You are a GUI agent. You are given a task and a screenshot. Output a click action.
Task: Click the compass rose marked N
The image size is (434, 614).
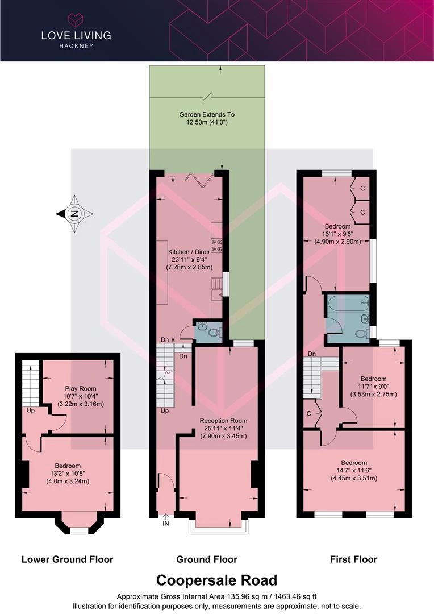pos(74,214)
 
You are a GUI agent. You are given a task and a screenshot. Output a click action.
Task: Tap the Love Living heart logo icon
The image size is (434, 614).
pos(76,19)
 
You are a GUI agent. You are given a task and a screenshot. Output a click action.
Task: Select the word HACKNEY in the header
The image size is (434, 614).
pos(76,46)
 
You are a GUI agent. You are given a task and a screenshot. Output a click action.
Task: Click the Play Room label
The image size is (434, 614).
pos(81,388)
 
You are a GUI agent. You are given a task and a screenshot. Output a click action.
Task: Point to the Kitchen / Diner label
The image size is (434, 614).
pos(189,252)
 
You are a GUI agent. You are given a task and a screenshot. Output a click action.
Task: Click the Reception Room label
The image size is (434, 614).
pos(223,421)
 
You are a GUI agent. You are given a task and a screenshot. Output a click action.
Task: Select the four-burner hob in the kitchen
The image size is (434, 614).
pos(217,245)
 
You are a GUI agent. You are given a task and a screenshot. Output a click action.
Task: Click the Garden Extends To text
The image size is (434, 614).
pos(207,114)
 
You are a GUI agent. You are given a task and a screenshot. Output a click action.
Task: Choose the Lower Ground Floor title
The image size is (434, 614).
pos(67,559)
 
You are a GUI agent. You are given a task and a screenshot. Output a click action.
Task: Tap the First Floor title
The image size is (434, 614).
pos(354,559)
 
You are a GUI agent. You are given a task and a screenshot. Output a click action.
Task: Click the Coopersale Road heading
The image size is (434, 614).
pos(217,580)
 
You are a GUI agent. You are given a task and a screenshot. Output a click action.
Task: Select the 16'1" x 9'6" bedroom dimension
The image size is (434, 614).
pos(338,234)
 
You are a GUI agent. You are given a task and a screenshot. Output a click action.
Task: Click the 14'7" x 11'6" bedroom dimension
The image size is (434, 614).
pos(354,470)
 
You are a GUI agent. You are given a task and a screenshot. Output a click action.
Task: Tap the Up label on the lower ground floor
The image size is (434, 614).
pos(31,410)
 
